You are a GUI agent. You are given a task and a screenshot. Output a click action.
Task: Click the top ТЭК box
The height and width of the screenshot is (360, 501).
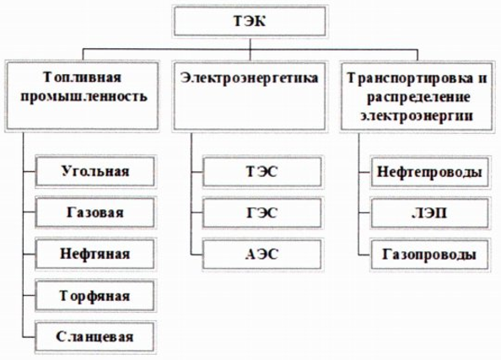click(x=250, y=21)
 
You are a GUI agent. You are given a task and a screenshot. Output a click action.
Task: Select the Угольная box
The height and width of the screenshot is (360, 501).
click(x=95, y=171)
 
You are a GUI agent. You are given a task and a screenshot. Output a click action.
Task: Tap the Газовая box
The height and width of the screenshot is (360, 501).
click(x=95, y=212)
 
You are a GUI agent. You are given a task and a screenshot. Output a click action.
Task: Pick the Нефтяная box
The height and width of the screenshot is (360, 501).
click(x=95, y=255)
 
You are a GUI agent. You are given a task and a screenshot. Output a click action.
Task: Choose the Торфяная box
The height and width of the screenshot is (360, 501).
click(x=95, y=296)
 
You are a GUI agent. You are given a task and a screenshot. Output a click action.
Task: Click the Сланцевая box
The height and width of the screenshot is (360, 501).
click(x=95, y=337)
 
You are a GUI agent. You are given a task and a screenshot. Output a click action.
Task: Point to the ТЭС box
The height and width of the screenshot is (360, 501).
click(x=262, y=171)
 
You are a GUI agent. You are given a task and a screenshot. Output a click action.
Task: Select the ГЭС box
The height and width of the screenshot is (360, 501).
click(x=262, y=212)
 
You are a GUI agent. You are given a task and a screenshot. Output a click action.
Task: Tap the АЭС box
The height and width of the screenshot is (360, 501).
click(x=262, y=255)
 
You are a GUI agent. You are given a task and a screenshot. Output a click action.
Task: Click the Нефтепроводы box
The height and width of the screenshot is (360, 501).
click(x=430, y=172)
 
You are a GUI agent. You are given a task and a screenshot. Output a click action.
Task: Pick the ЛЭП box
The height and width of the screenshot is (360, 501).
click(x=430, y=213)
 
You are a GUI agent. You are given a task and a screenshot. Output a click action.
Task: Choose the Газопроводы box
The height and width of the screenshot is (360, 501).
click(x=430, y=255)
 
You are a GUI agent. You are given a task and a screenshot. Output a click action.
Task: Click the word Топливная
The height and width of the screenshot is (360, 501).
click(x=82, y=78)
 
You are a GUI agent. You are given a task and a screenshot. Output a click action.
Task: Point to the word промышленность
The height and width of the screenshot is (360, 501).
click(x=83, y=96)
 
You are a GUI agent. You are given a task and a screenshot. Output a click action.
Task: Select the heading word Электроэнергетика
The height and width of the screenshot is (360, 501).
click(x=249, y=78)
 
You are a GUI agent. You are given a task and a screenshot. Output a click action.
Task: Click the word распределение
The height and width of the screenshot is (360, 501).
click(x=418, y=96)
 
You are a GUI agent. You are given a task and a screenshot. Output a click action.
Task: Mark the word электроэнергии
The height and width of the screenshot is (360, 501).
click(x=417, y=115)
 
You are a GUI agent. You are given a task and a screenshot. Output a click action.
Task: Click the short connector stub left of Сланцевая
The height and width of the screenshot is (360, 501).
click(x=29, y=337)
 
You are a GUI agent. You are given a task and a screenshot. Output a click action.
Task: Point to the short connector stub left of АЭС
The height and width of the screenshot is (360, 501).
click(x=197, y=255)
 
